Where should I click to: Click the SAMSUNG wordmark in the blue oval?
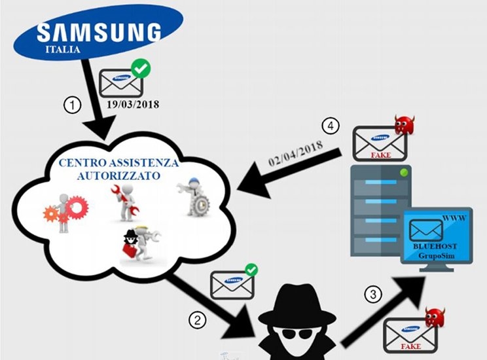(x=99, y=32)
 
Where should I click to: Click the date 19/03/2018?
(x=134, y=104)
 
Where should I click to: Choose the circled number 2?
(x=196, y=320)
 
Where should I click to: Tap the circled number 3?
(x=372, y=295)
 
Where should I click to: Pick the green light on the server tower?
(x=405, y=172)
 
